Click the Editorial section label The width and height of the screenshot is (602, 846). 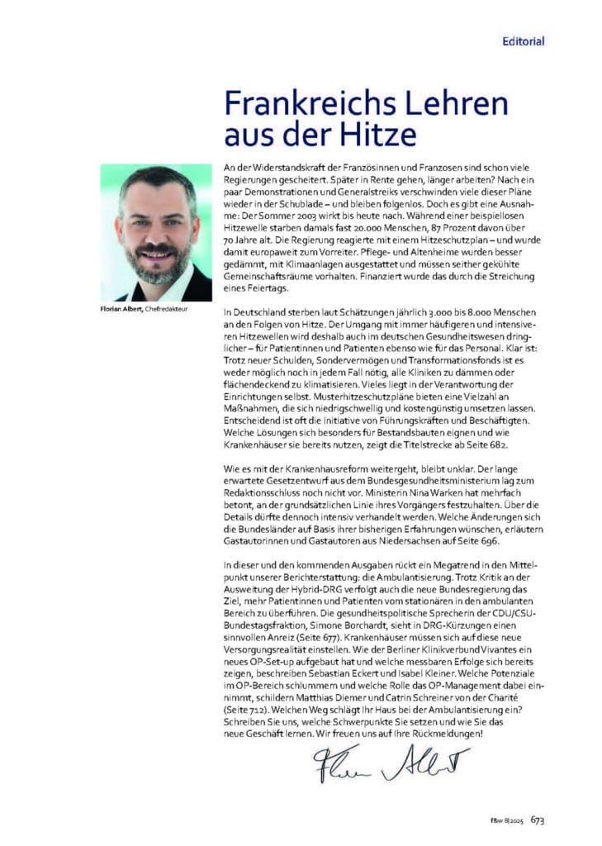[524, 40]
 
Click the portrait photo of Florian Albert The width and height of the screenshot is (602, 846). [156, 233]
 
